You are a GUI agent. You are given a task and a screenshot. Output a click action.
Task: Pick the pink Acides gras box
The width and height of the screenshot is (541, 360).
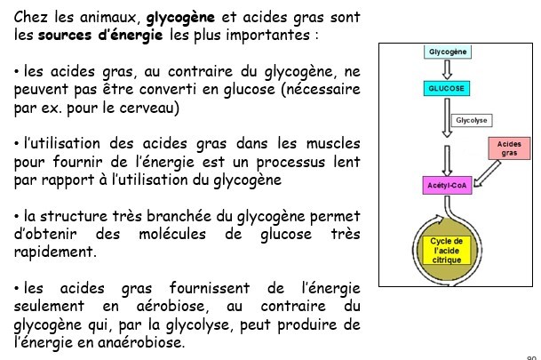coord(508,148)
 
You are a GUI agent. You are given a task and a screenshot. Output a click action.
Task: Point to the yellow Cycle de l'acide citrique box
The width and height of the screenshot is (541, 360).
coord(446,251)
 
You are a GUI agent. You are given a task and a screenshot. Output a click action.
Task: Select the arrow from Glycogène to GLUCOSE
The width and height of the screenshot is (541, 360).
coord(449,70)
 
